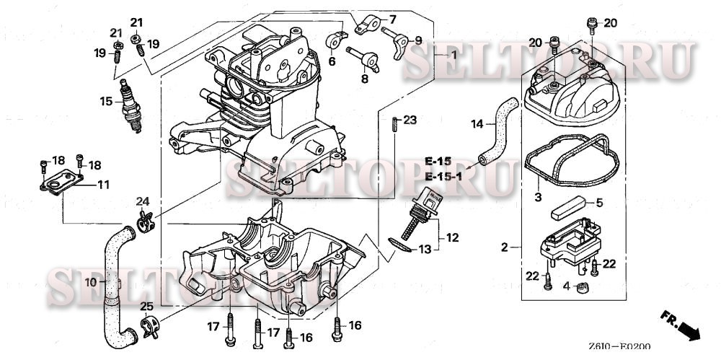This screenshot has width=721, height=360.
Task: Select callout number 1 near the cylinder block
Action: click(x=454, y=55)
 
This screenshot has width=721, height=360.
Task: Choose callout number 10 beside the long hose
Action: click(x=90, y=283)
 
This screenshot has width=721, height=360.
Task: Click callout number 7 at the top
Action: click(x=393, y=19)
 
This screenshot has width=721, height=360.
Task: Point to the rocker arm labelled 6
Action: click(x=334, y=40)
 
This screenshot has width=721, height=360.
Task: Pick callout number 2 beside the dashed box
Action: click(x=505, y=247)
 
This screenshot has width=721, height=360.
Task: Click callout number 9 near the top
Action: click(x=419, y=40)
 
